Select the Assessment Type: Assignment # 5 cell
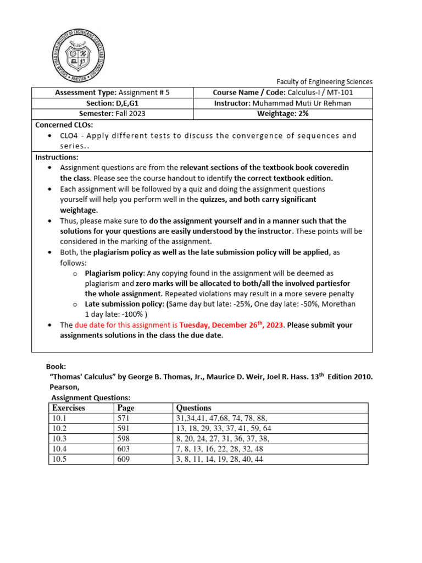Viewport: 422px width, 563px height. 113,93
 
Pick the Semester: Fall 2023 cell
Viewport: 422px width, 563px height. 113,114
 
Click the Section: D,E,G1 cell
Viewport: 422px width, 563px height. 113,103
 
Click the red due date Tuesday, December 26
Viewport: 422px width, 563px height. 230,325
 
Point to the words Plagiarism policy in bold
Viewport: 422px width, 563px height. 113,273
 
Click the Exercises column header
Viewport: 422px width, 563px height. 69,408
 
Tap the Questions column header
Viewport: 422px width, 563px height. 193,408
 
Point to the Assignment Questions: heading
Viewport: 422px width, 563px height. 91,398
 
